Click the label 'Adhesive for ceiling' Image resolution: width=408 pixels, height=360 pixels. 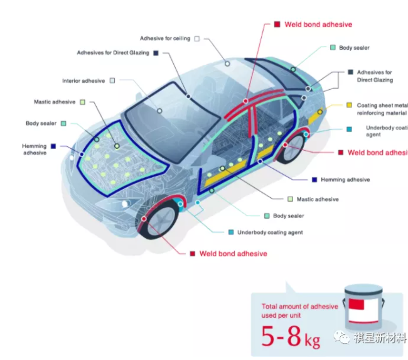tap(164, 38)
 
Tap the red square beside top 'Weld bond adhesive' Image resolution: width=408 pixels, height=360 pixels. tap(277, 25)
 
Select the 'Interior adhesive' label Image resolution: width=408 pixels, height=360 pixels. tap(83, 81)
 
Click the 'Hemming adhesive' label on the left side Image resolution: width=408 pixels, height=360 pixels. tap(34, 150)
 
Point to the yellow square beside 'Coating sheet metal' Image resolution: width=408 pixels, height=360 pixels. tap(348, 106)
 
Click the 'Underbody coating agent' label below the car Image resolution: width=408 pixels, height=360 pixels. tap(269, 232)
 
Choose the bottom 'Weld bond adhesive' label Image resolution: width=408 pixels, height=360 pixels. tap(233, 254)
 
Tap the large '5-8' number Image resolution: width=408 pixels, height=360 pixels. tap(281, 337)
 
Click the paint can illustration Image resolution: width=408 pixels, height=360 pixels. tap(364, 307)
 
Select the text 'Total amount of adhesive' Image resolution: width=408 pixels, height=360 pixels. tap(299, 307)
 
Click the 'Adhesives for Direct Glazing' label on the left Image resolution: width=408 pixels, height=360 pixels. tap(113, 53)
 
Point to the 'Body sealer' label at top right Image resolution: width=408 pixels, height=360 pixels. tap(354, 48)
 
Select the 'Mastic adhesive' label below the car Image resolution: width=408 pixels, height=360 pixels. tap(317, 199)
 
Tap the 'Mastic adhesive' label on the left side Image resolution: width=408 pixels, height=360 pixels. tap(55, 102)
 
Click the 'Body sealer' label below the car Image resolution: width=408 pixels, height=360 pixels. tap(288, 216)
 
